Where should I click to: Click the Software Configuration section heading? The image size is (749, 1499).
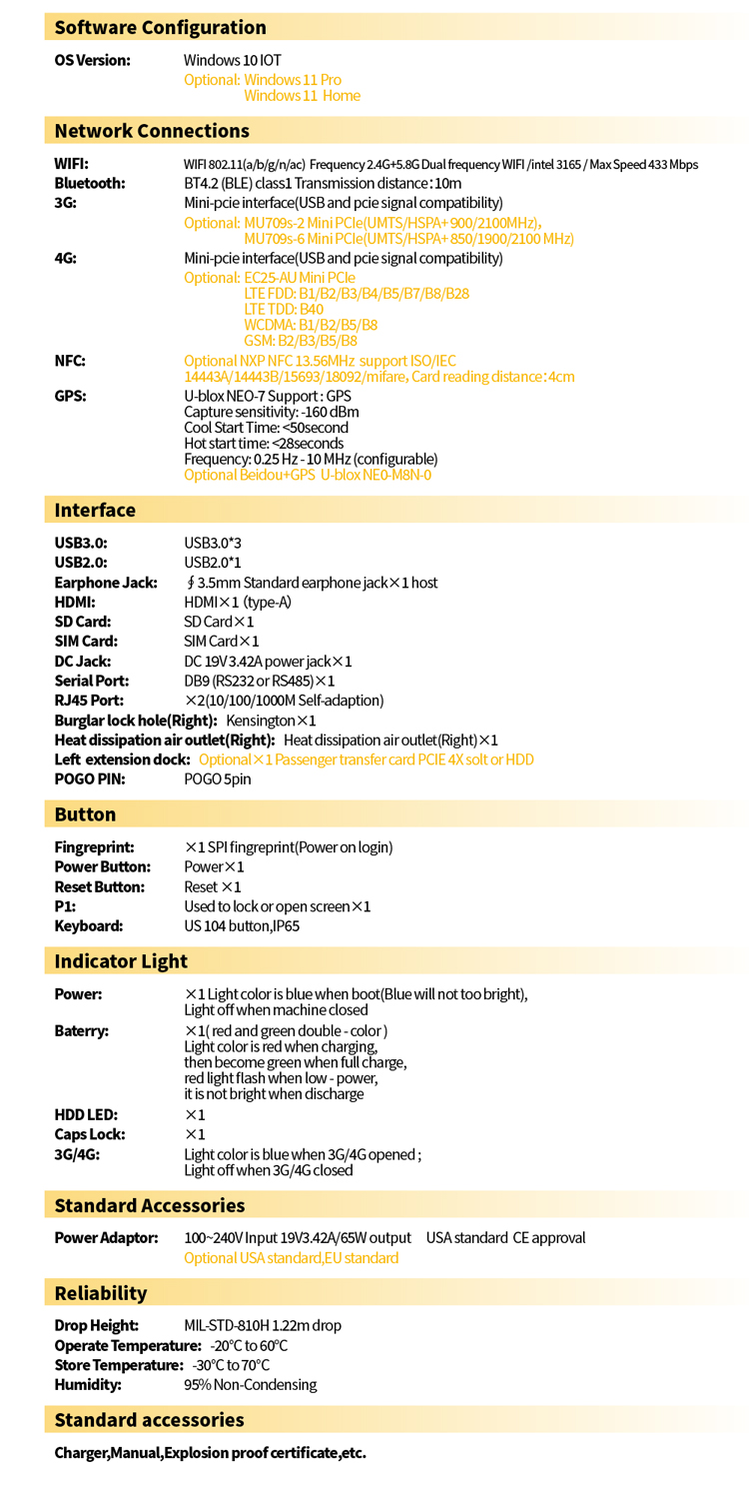160,28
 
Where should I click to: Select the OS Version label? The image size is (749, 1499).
92,61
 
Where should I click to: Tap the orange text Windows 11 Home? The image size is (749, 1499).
302,96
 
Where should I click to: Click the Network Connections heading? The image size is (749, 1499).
152,131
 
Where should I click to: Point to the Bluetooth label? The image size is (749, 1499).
90,183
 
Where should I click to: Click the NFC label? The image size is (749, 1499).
70,361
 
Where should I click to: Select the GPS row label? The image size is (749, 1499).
70,396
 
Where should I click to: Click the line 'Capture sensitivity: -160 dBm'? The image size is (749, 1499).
272,412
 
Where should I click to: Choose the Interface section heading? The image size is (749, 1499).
95,511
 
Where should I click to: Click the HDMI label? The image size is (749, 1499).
75,602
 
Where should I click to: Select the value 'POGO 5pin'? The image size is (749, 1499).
218,779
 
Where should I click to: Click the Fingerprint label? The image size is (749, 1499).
94,847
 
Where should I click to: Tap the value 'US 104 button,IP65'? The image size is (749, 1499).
242,926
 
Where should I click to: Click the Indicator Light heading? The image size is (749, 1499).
121,961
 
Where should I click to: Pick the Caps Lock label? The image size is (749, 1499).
91,1134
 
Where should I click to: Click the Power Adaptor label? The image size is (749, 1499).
106,1238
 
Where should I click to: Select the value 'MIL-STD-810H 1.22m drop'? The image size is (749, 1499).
263,1326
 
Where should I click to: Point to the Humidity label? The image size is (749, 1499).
88,1385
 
